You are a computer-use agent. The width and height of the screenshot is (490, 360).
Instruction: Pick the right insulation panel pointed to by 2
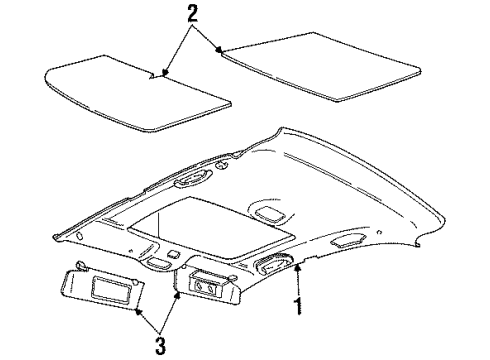(332, 69)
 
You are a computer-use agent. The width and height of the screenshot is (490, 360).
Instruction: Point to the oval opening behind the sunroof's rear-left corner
(189, 181)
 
